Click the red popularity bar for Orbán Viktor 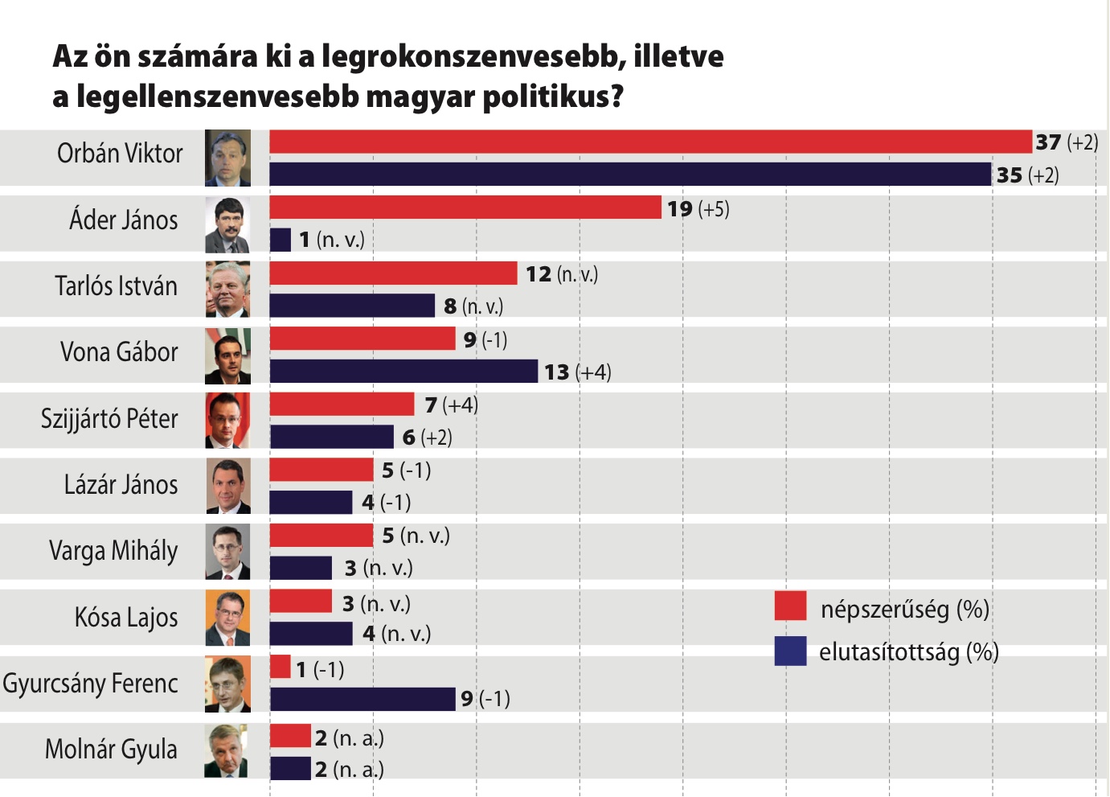click(650, 142)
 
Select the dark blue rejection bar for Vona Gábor click(403, 372)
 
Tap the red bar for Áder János click(465, 207)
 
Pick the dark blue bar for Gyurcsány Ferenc click(362, 699)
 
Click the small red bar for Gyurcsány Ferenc click(281, 668)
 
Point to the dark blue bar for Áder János click(281, 240)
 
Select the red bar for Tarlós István click(393, 273)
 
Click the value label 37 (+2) click(1067, 142)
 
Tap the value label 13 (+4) click(577, 372)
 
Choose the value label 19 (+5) click(698, 209)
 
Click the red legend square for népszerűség click(790, 606)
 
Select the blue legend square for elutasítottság click(790, 651)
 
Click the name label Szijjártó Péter click(109, 419)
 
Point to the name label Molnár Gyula click(111, 750)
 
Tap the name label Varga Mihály click(113, 551)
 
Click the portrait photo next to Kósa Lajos click(227, 618)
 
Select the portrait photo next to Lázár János click(228, 486)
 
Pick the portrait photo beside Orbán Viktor click(227, 158)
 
